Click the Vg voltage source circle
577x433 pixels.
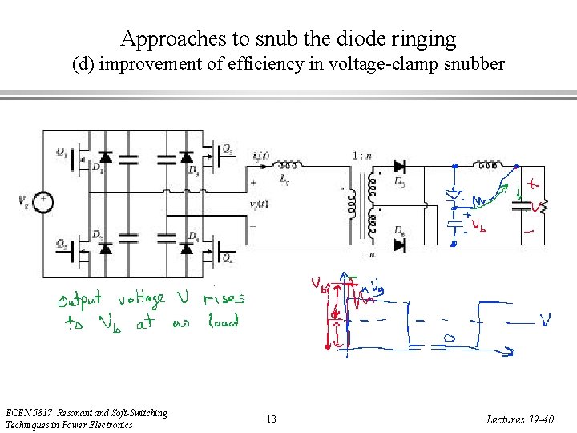[x=45, y=202]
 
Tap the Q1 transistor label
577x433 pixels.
[x=61, y=151]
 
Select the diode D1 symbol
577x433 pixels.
[x=105, y=156]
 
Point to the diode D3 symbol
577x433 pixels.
[x=187, y=156]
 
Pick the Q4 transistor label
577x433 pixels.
[x=228, y=261]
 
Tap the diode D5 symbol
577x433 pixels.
[x=399, y=167]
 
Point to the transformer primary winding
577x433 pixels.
[x=350, y=205]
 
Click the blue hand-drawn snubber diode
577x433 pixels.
[x=454, y=196]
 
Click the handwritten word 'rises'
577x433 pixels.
[x=224, y=300]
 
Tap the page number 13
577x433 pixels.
[x=271, y=419]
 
